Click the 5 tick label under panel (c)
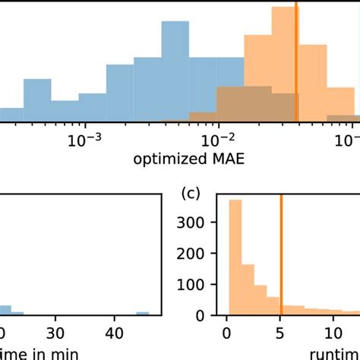tap(280, 331)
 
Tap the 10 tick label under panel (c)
tap(333, 331)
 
